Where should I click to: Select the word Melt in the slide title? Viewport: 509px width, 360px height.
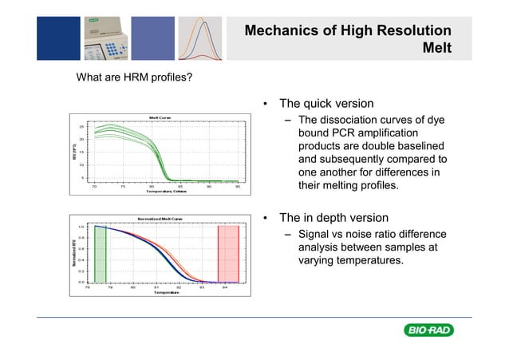click(x=438, y=49)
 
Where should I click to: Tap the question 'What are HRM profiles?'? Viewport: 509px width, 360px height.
click(x=133, y=78)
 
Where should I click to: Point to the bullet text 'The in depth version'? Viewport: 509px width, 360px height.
click(x=333, y=217)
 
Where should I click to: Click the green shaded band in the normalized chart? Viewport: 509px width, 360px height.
click(x=100, y=254)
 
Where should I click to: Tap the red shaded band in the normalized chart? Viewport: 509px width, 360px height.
click(x=228, y=254)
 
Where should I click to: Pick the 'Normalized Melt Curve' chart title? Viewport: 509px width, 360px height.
click(x=160, y=218)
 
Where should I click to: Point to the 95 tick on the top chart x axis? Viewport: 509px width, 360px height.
click(x=238, y=186)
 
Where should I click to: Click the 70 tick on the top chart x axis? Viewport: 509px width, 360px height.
click(x=93, y=186)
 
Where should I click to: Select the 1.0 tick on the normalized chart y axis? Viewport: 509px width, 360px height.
click(x=81, y=226)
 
